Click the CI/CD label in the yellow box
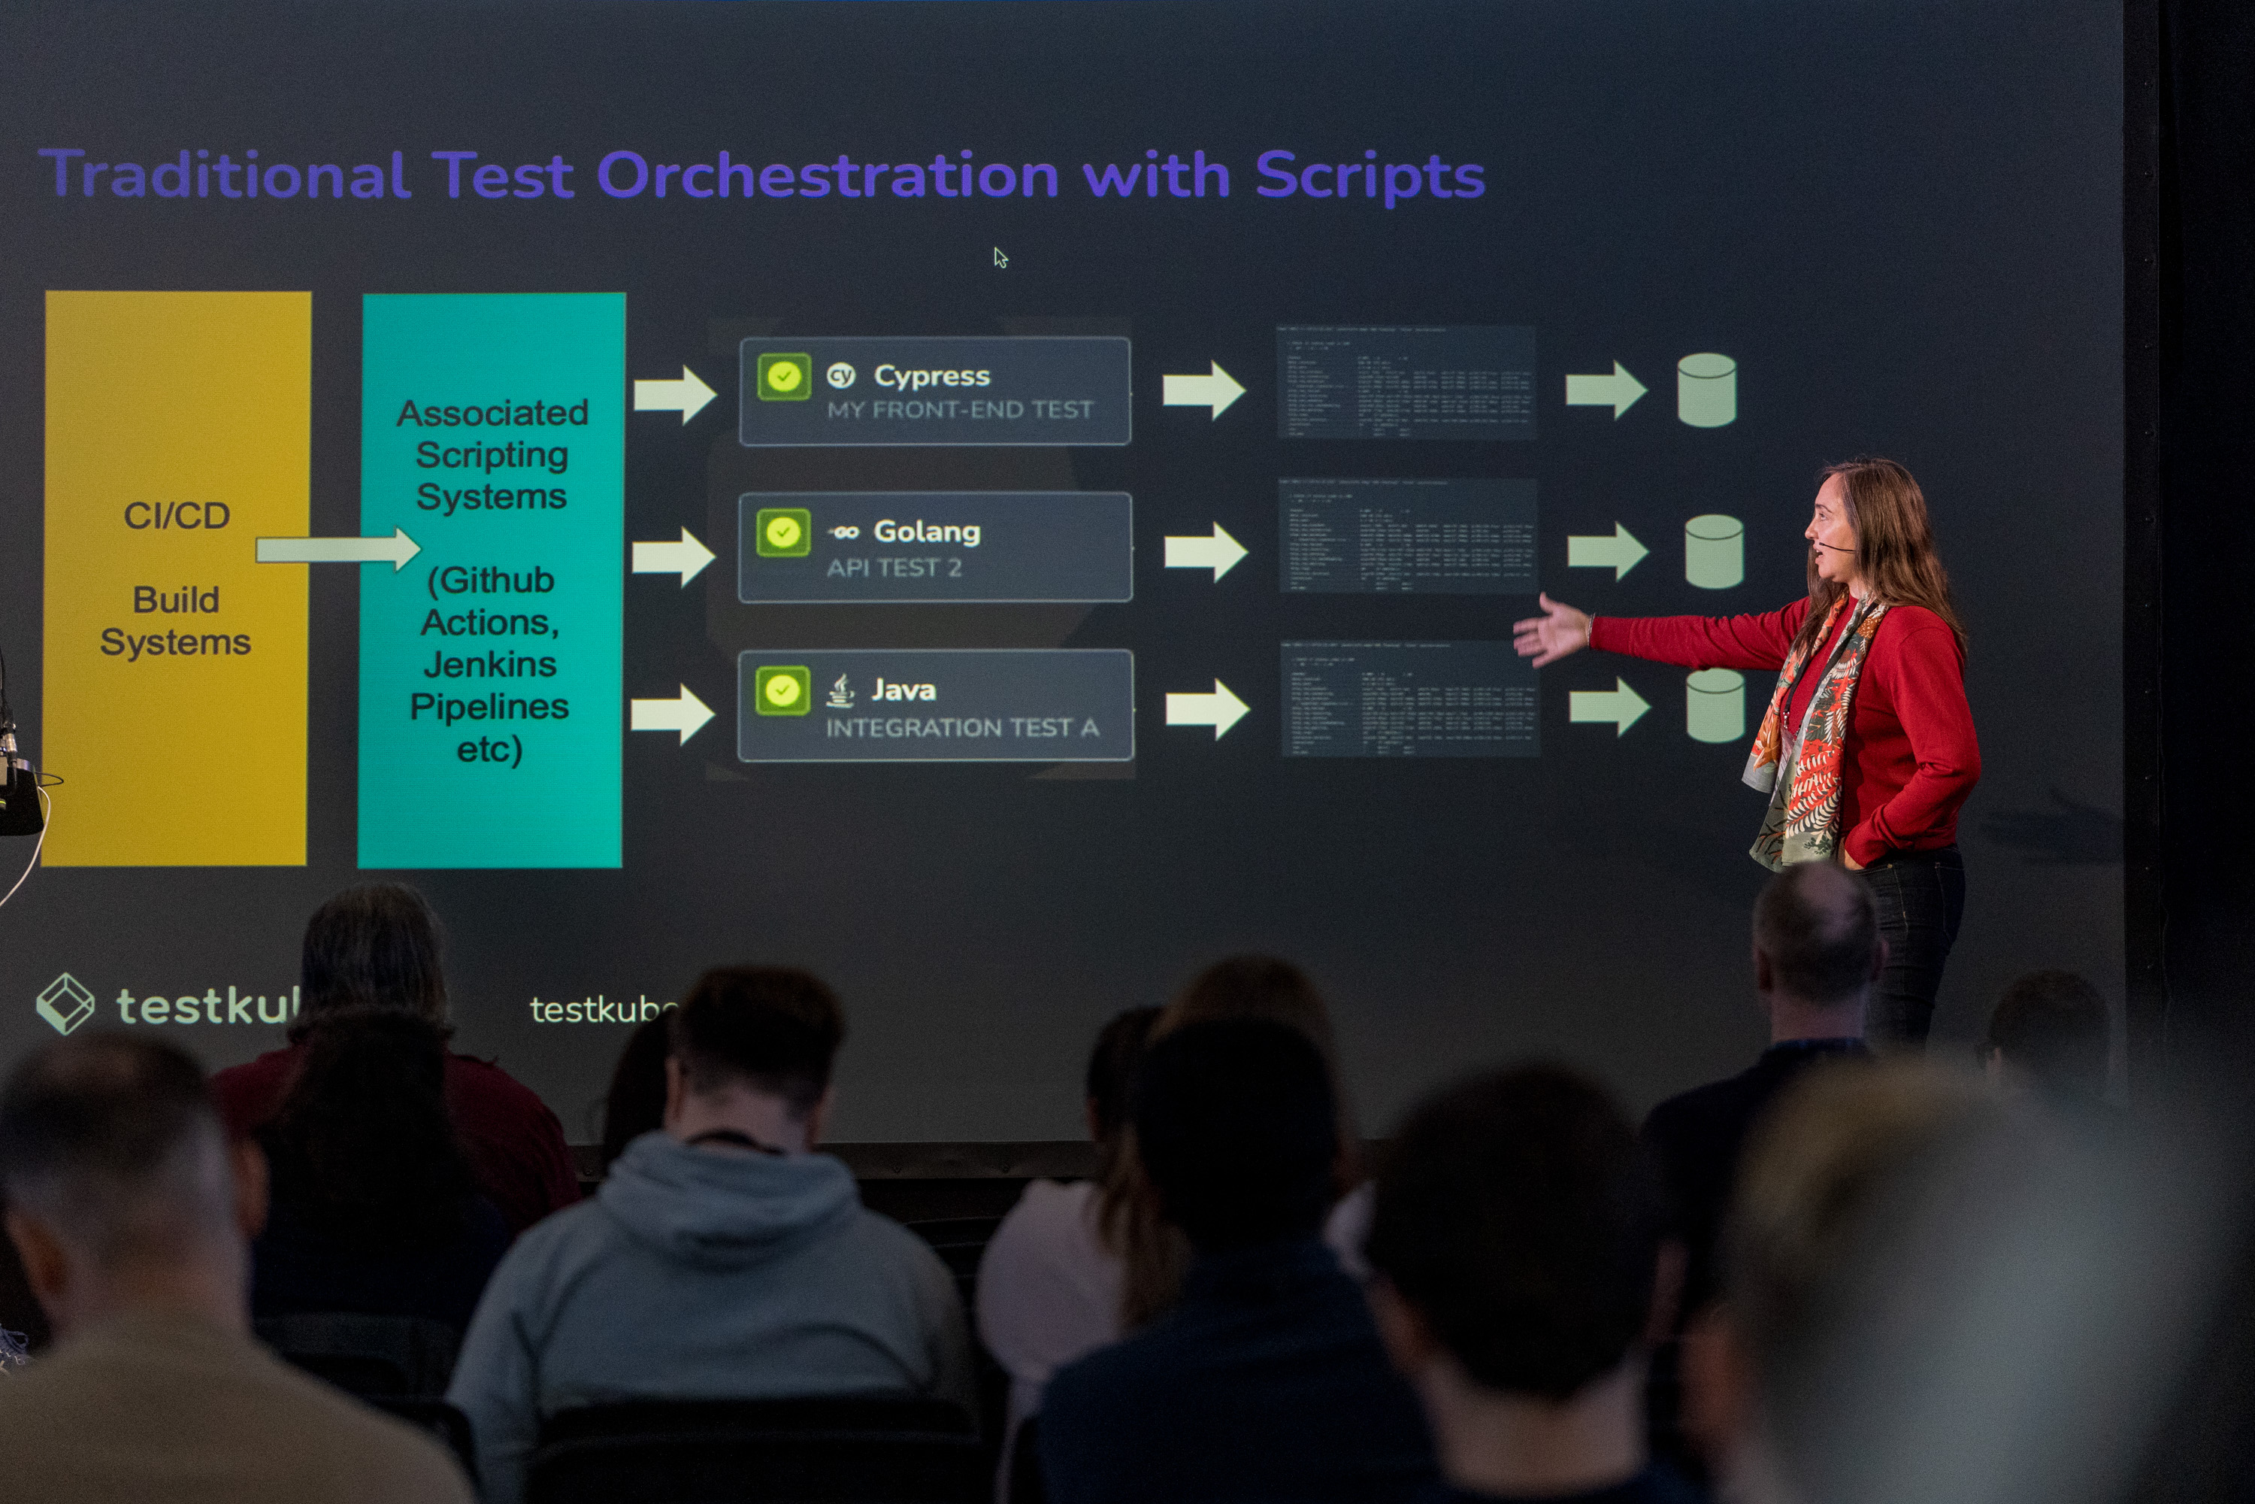pos(177,516)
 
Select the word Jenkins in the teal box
pos(490,664)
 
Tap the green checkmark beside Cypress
pos(783,376)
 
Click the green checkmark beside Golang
pos(782,532)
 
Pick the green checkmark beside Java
pos(782,690)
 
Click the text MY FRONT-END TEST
pos(960,411)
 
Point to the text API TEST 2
pos(894,568)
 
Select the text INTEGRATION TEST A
pos(961,728)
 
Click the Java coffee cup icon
pos(841,690)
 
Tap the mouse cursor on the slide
pos(1000,257)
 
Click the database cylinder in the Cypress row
pos(1706,390)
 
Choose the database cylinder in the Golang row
pos(1713,551)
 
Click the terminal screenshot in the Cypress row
pos(1406,383)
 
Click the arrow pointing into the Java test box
pos(673,714)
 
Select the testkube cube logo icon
pos(65,1003)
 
